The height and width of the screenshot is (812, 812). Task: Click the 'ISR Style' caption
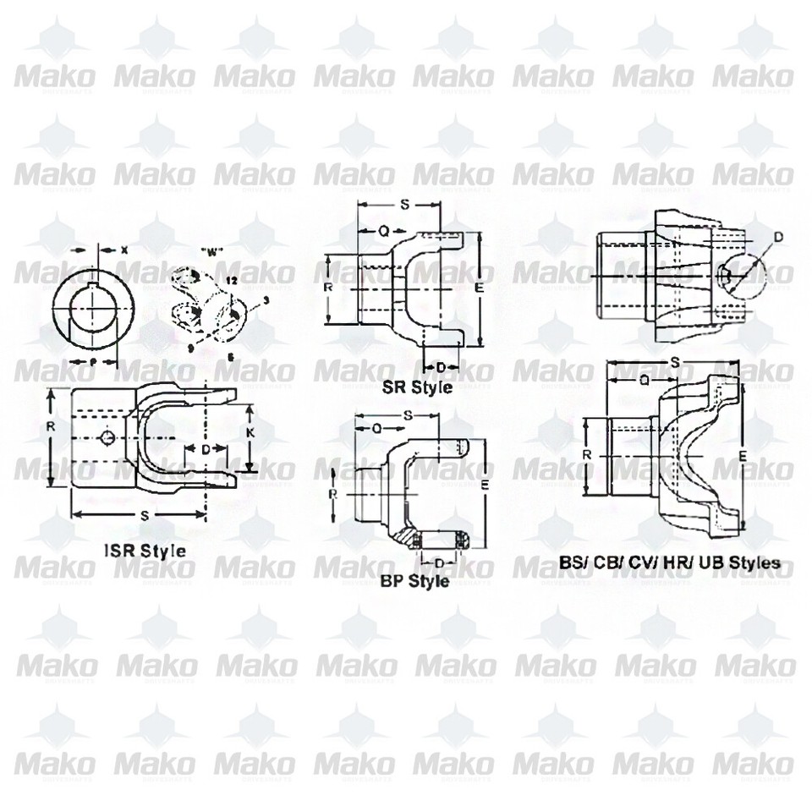click(145, 549)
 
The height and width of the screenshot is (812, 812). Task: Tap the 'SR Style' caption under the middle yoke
click(417, 387)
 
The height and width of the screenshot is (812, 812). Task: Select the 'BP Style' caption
click(415, 581)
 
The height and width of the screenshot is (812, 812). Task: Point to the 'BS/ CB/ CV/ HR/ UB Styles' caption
click(670, 561)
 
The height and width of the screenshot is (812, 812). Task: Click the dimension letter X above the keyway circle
click(124, 250)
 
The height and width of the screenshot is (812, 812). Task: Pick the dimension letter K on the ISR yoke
click(250, 431)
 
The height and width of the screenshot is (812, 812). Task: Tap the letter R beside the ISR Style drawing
click(52, 426)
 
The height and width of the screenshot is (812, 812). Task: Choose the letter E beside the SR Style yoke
click(480, 288)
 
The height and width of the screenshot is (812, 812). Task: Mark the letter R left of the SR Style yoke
click(329, 287)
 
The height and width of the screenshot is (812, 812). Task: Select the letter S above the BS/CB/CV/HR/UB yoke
click(674, 363)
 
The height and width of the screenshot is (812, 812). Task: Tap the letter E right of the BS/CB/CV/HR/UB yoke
click(741, 455)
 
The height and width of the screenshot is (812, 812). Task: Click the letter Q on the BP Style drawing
click(376, 428)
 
